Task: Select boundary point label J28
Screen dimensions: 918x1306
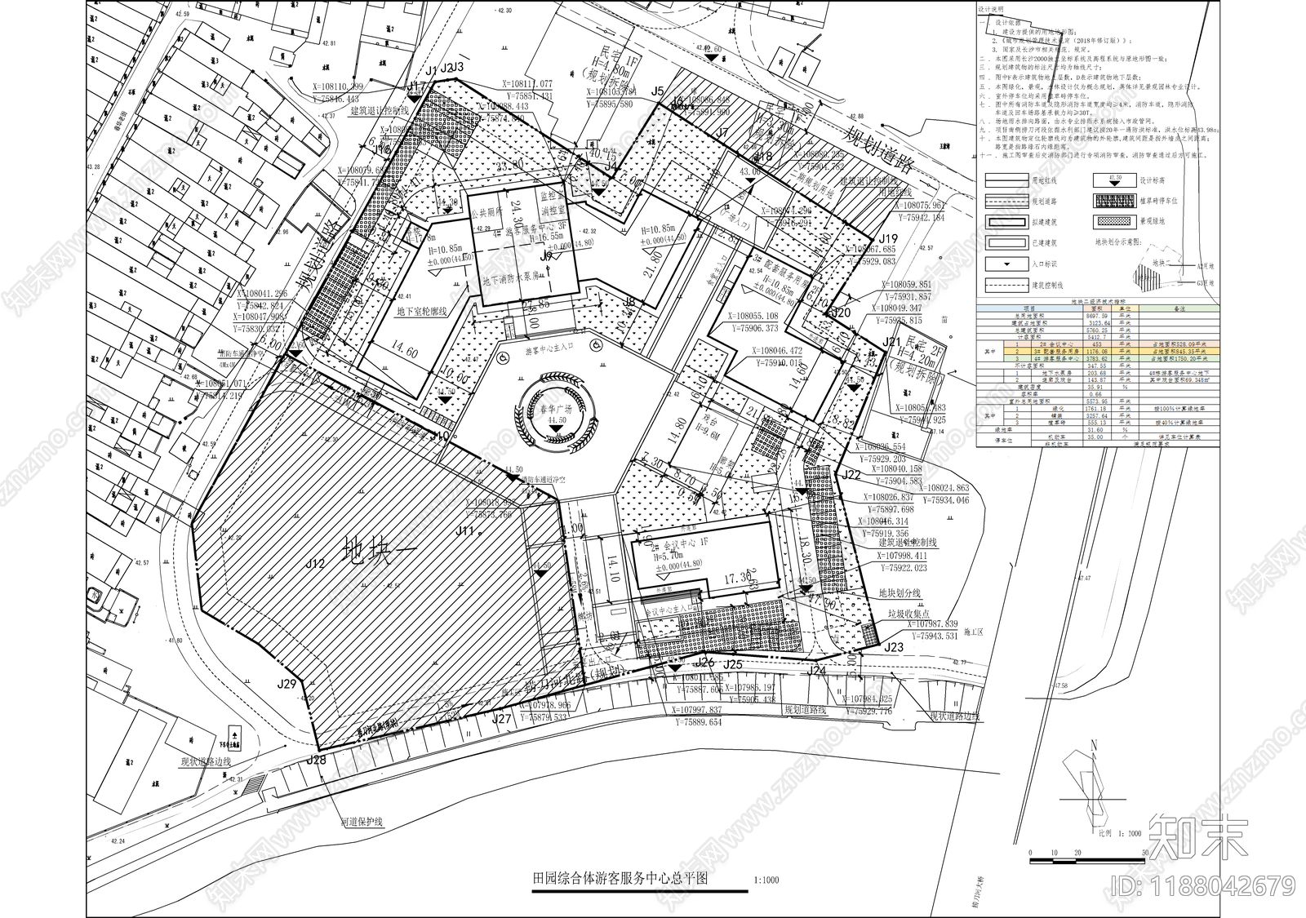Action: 316,761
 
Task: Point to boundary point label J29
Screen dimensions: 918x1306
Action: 287,684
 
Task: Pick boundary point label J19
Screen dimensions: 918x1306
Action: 889,239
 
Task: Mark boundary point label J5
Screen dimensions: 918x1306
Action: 659,91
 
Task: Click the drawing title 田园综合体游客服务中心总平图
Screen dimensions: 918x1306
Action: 618,880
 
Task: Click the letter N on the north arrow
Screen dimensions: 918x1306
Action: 1092,744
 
